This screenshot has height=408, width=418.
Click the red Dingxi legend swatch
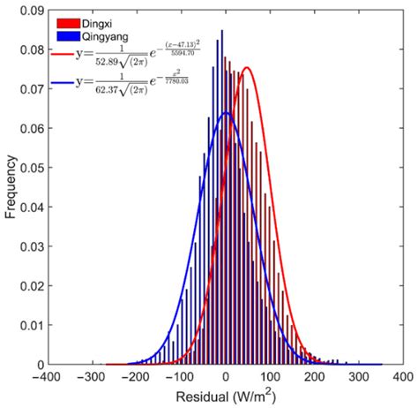pos(68,22)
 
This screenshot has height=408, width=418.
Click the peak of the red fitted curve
pos(246,68)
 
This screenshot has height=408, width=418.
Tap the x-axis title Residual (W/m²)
pos(225,397)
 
